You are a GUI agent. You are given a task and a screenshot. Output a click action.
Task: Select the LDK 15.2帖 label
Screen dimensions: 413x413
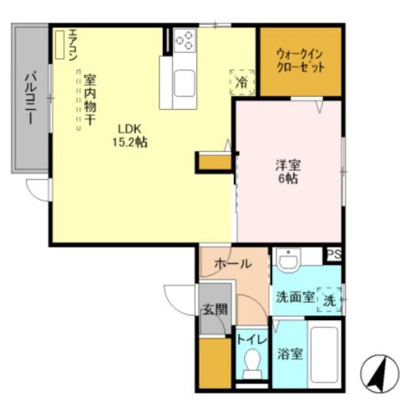pyautogui.click(x=129, y=136)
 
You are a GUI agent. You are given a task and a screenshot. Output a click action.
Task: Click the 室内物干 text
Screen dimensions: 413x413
pyautogui.click(x=91, y=100)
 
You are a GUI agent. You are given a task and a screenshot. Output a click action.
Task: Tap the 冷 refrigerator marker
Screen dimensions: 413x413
pyautogui.click(x=241, y=81)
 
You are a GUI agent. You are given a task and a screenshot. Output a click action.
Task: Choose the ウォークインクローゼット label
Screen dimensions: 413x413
pyautogui.click(x=300, y=58)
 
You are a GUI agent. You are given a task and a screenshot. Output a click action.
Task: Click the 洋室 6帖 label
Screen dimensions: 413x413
pyautogui.click(x=287, y=170)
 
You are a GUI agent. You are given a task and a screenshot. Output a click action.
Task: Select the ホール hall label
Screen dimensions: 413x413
pyautogui.click(x=232, y=264)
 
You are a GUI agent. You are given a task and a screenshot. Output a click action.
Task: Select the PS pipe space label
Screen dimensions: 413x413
pyautogui.click(x=333, y=254)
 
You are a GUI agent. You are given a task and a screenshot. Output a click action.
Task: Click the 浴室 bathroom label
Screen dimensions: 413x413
pyautogui.click(x=288, y=353)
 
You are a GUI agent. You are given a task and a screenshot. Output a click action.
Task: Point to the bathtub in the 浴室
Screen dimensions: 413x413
pyautogui.click(x=324, y=353)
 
